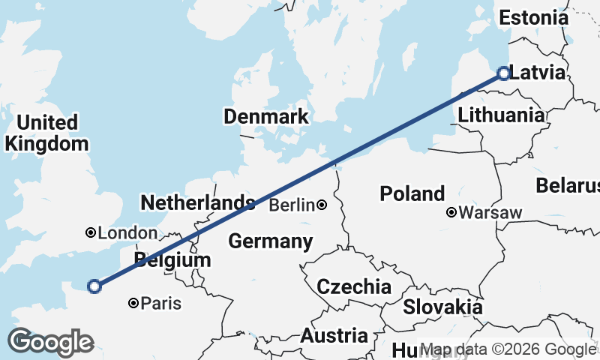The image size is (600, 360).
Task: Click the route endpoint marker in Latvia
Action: point(503,73)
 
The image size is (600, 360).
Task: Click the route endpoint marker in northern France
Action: point(94,286)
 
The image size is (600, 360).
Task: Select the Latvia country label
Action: point(537,73)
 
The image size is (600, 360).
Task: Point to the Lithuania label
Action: point(501,115)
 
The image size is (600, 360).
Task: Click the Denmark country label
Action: point(266,116)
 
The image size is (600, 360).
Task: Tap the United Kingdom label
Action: point(46,133)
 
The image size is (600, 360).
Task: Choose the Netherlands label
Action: point(198,202)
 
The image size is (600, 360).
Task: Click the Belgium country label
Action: point(172,260)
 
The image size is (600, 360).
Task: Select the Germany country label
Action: point(270,241)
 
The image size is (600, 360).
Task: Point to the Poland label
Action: point(412,193)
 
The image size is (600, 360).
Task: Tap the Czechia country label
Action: point(354,286)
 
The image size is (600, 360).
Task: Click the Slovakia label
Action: point(442,307)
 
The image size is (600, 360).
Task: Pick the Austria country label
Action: point(334,336)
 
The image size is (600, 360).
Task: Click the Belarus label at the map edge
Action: point(568,185)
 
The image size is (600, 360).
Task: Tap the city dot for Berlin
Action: point(322,205)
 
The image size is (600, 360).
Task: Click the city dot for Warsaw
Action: point(451,213)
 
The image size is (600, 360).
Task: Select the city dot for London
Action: point(91,233)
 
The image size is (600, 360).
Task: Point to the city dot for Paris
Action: point(133,304)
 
